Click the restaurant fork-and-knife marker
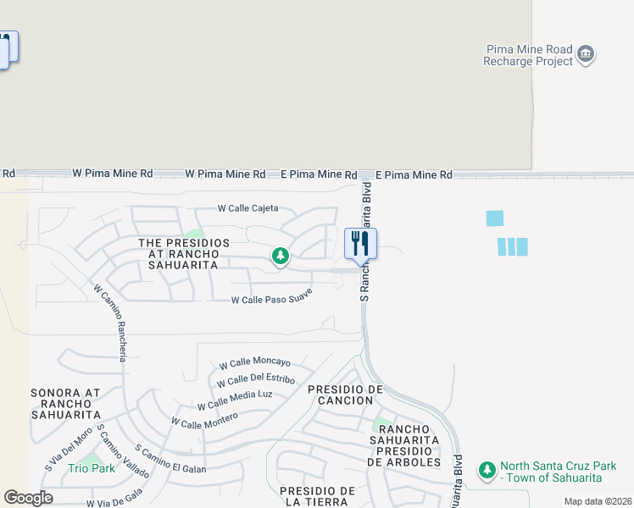[x=360, y=244]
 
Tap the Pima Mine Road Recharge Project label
[x=528, y=56]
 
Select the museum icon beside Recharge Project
[x=586, y=56]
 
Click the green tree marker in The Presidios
[x=280, y=255]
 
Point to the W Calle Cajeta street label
[x=247, y=208]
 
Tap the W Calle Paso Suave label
[x=272, y=296]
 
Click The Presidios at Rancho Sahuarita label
[x=184, y=254]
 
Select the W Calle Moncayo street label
[x=254, y=363]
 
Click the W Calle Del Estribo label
[x=256, y=380]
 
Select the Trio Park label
[x=92, y=468]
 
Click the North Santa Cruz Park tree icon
[x=487, y=469]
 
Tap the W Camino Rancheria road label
[x=116, y=322]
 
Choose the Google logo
[x=28, y=498]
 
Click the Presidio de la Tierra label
[x=317, y=497]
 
